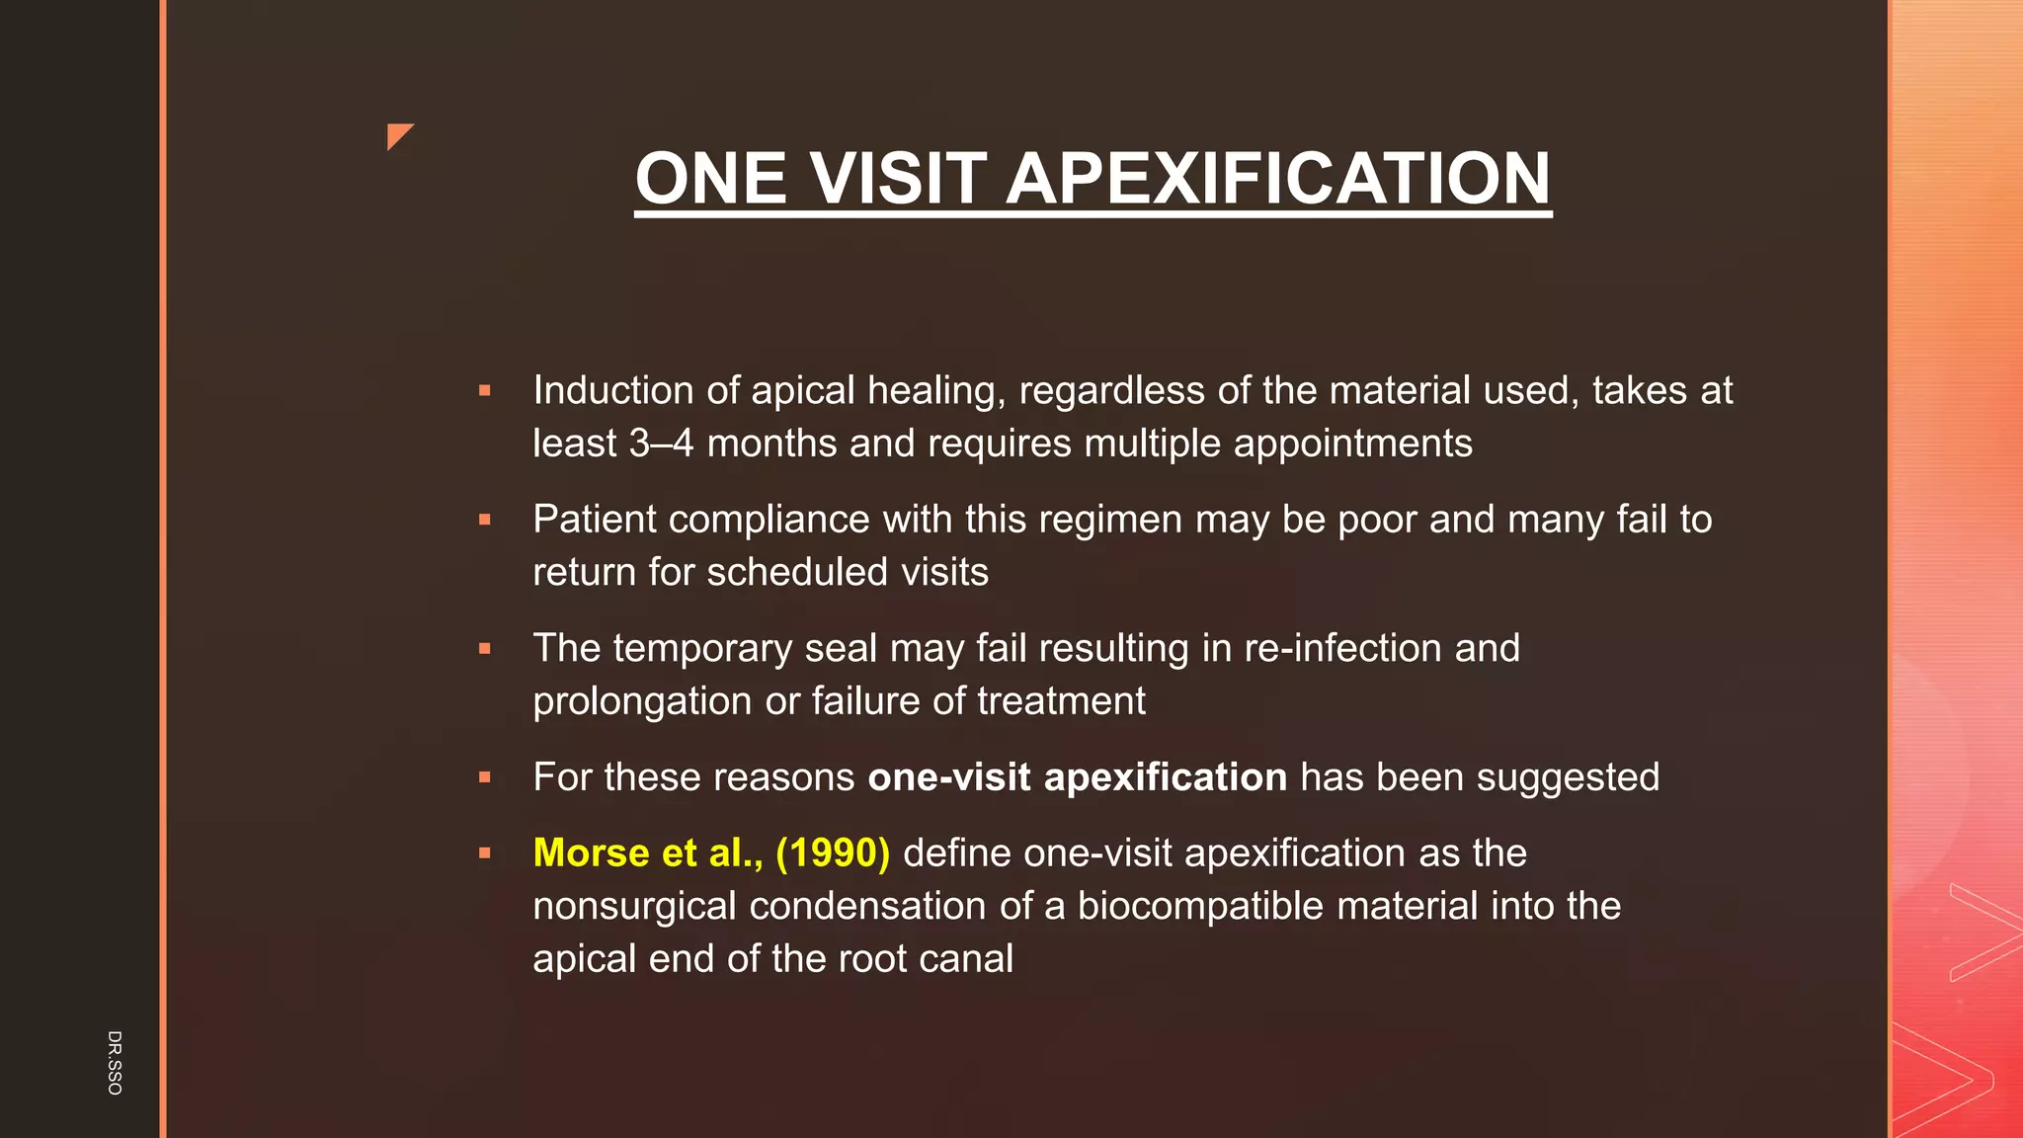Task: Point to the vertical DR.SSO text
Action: pos(115,1062)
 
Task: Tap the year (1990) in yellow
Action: pos(833,853)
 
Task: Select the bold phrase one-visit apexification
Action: pos(1077,777)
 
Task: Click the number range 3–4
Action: pos(661,444)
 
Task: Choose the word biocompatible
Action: pos(1199,906)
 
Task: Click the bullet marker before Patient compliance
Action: pos(484,520)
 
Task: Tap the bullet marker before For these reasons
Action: pos(484,777)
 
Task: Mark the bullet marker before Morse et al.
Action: pos(484,853)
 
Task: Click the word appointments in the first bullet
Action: pos(1352,444)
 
